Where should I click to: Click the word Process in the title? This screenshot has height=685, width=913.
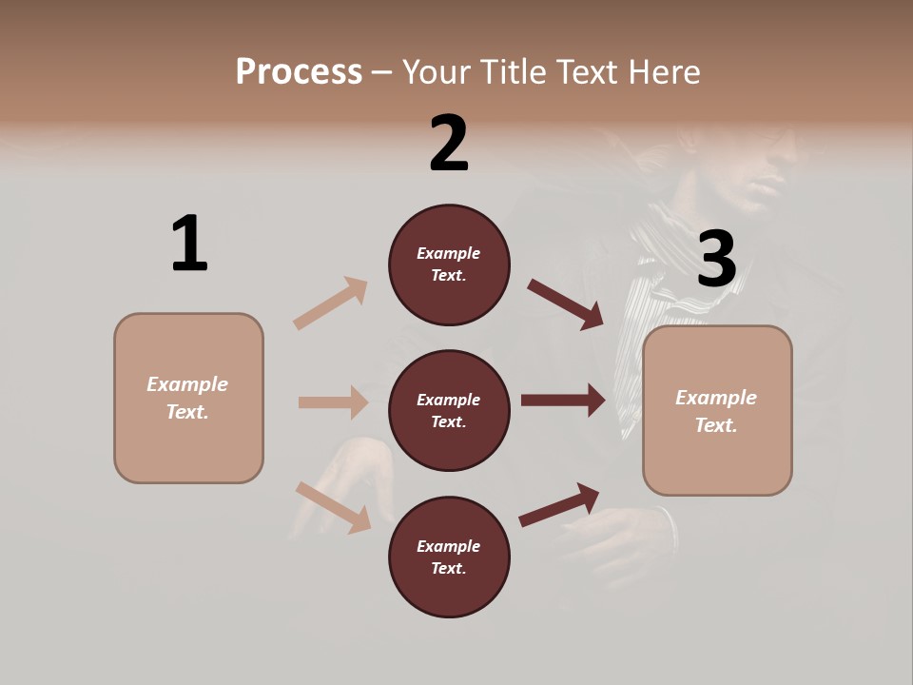[299, 72]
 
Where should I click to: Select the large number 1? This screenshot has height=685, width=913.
[189, 245]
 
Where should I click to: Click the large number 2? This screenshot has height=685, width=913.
[449, 144]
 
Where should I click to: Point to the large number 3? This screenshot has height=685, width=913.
[716, 260]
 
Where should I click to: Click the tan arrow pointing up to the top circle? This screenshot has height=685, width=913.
[331, 303]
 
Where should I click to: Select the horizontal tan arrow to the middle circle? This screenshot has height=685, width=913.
[333, 402]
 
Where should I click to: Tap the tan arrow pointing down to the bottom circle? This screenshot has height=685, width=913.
[333, 507]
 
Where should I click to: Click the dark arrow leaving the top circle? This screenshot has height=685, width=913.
[565, 303]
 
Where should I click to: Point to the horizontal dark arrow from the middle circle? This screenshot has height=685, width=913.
[563, 401]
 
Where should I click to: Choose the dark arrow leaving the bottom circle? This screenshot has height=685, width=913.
[559, 504]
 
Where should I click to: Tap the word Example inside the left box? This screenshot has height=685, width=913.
[187, 384]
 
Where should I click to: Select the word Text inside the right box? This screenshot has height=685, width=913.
[715, 425]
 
